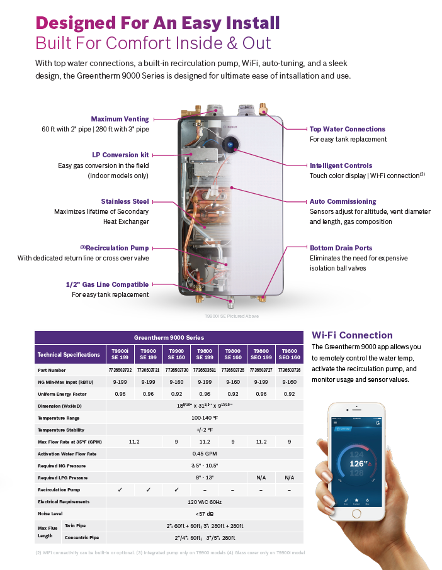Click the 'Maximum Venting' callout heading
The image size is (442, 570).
[120, 119]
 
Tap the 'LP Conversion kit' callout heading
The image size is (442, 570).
[120, 155]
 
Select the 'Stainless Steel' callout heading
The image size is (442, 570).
[125, 201]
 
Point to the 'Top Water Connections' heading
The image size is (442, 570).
[347, 129]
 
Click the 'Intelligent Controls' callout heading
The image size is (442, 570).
[341, 165]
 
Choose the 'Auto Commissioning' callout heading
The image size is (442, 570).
[343, 201]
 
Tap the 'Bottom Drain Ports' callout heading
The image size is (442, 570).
[341, 248]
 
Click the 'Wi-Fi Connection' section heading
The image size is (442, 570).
[352, 335]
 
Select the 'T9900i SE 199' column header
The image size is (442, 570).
[120, 354]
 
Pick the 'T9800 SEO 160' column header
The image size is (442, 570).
[289, 354]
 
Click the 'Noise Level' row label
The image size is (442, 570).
[50, 514]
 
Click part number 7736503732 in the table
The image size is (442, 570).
[120, 370]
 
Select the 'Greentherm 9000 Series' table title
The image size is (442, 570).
[169, 337]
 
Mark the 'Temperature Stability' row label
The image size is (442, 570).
[60, 430]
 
